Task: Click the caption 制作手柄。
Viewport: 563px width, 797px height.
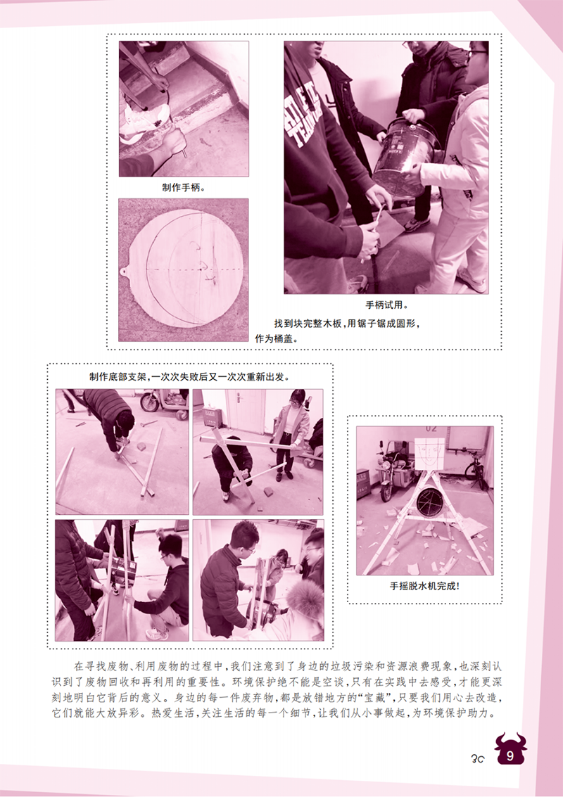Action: coord(183,188)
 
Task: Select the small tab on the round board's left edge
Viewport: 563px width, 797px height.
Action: coord(125,271)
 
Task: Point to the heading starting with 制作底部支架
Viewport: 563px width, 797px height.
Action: coord(189,376)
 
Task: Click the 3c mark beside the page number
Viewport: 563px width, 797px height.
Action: coord(478,758)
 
